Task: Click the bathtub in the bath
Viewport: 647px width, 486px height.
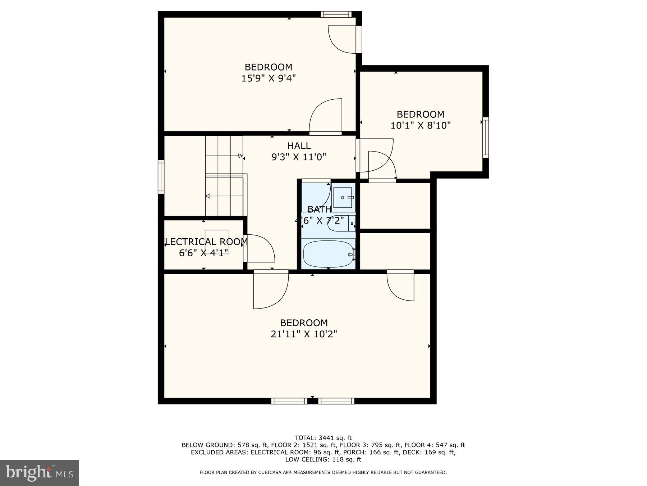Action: coord(328,254)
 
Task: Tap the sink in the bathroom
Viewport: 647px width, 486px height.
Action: coord(343,198)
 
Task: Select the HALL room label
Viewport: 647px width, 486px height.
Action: coord(299,146)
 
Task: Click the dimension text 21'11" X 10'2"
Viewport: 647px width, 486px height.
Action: coord(304,334)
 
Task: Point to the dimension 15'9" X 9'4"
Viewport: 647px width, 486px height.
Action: coord(268,78)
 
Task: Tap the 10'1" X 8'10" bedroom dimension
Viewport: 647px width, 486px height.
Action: coord(420,125)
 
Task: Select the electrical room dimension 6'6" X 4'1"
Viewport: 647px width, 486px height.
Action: coord(203,253)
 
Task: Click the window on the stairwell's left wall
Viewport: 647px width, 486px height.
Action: coord(161,177)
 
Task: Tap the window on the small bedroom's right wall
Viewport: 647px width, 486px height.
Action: coord(485,137)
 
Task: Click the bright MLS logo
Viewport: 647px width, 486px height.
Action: coord(39,473)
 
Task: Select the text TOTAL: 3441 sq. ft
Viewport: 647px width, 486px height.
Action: coord(323,438)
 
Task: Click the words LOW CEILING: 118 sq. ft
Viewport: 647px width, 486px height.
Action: coord(323,459)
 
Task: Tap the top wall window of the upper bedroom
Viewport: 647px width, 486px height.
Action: coord(336,14)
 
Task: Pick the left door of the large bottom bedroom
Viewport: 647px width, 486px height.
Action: coord(270,290)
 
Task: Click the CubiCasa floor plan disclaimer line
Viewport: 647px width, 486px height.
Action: coord(323,472)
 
